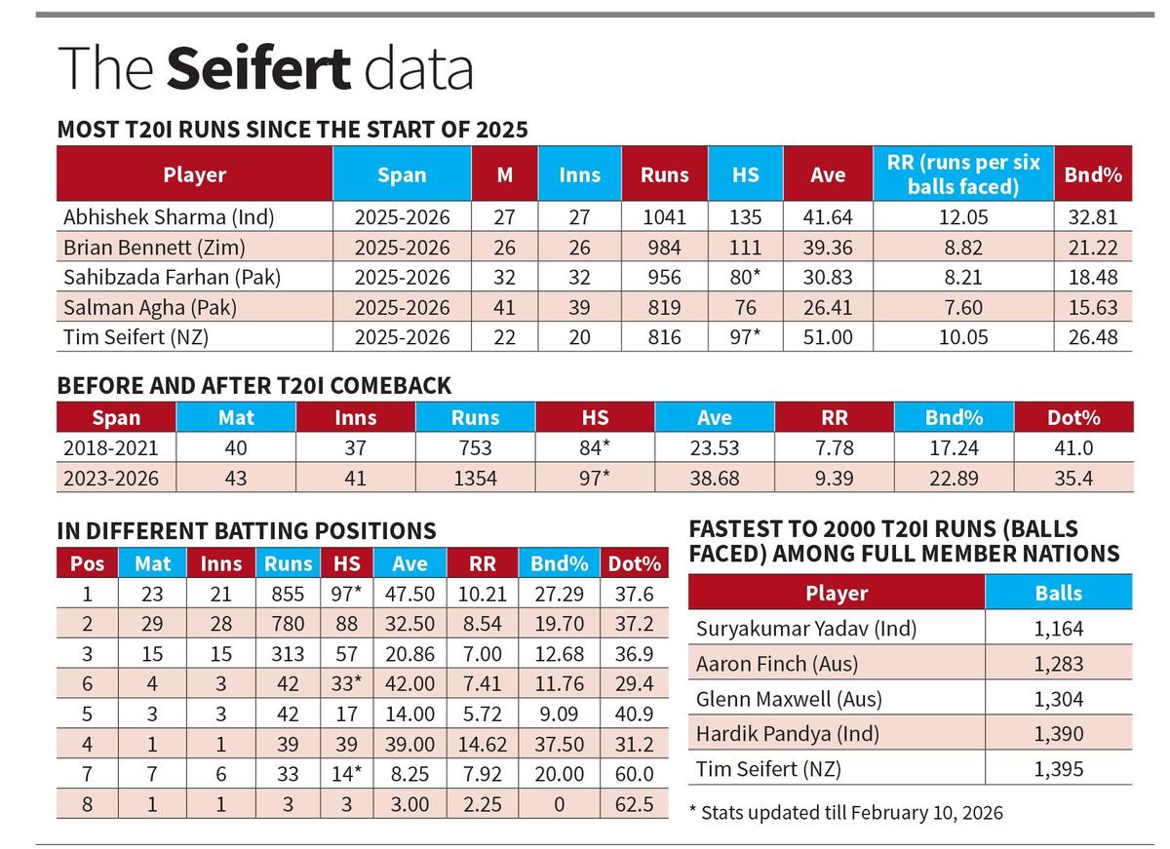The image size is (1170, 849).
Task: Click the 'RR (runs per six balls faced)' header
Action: tap(963, 174)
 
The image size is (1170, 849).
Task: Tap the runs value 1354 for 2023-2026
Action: tap(475, 479)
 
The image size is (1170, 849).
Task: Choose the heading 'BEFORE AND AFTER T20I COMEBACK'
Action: tap(254, 385)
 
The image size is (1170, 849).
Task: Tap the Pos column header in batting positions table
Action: tap(87, 563)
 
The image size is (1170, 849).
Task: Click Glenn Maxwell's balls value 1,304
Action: tap(1058, 699)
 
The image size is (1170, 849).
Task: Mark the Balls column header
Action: tap(1058, 594)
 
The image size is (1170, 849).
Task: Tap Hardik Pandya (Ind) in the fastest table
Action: tap(788, 734)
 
